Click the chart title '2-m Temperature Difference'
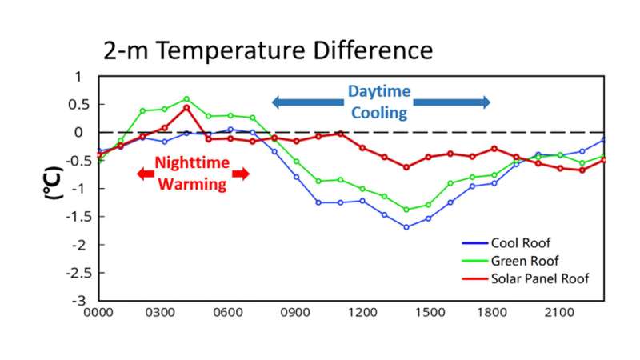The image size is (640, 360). [268, 50]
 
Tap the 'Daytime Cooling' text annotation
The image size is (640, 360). [378, 102]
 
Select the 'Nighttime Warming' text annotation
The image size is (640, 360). [192, 173]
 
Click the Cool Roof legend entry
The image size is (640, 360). [521, 244]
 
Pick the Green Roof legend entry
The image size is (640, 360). [524, 261]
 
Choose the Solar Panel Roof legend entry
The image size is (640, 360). [541, 278]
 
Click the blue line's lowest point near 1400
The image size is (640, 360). [406, 227]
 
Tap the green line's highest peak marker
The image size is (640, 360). [186, 99]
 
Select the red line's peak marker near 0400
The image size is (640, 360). [186, 107]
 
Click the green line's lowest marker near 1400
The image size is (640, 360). [406, 210]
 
